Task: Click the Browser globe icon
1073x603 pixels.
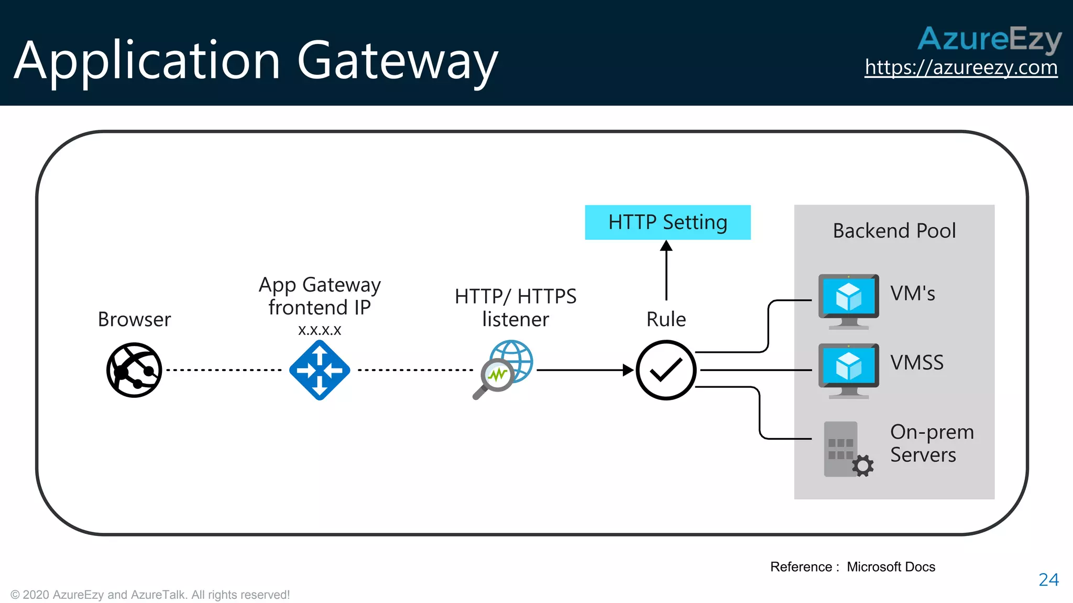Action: [134, 370]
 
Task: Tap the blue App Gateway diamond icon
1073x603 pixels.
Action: [320, 370]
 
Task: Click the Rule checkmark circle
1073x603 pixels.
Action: [666, 370]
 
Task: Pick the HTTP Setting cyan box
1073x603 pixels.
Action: [667, 222]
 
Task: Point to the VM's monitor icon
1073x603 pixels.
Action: [849, 300]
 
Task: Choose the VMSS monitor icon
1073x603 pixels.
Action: [849, 369]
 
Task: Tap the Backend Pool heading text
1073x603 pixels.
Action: [894, 231]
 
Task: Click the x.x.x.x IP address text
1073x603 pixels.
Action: [320, 330]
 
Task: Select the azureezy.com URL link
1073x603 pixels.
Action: [961, 68]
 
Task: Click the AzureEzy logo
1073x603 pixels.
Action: [989, 39]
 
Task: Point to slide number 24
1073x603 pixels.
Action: [1048, 579]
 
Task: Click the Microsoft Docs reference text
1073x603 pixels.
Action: [891, 567]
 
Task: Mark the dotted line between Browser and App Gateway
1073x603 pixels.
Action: [224, 370]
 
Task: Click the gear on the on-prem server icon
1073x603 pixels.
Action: [862, 465]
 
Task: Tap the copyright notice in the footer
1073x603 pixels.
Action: [150, 595]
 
